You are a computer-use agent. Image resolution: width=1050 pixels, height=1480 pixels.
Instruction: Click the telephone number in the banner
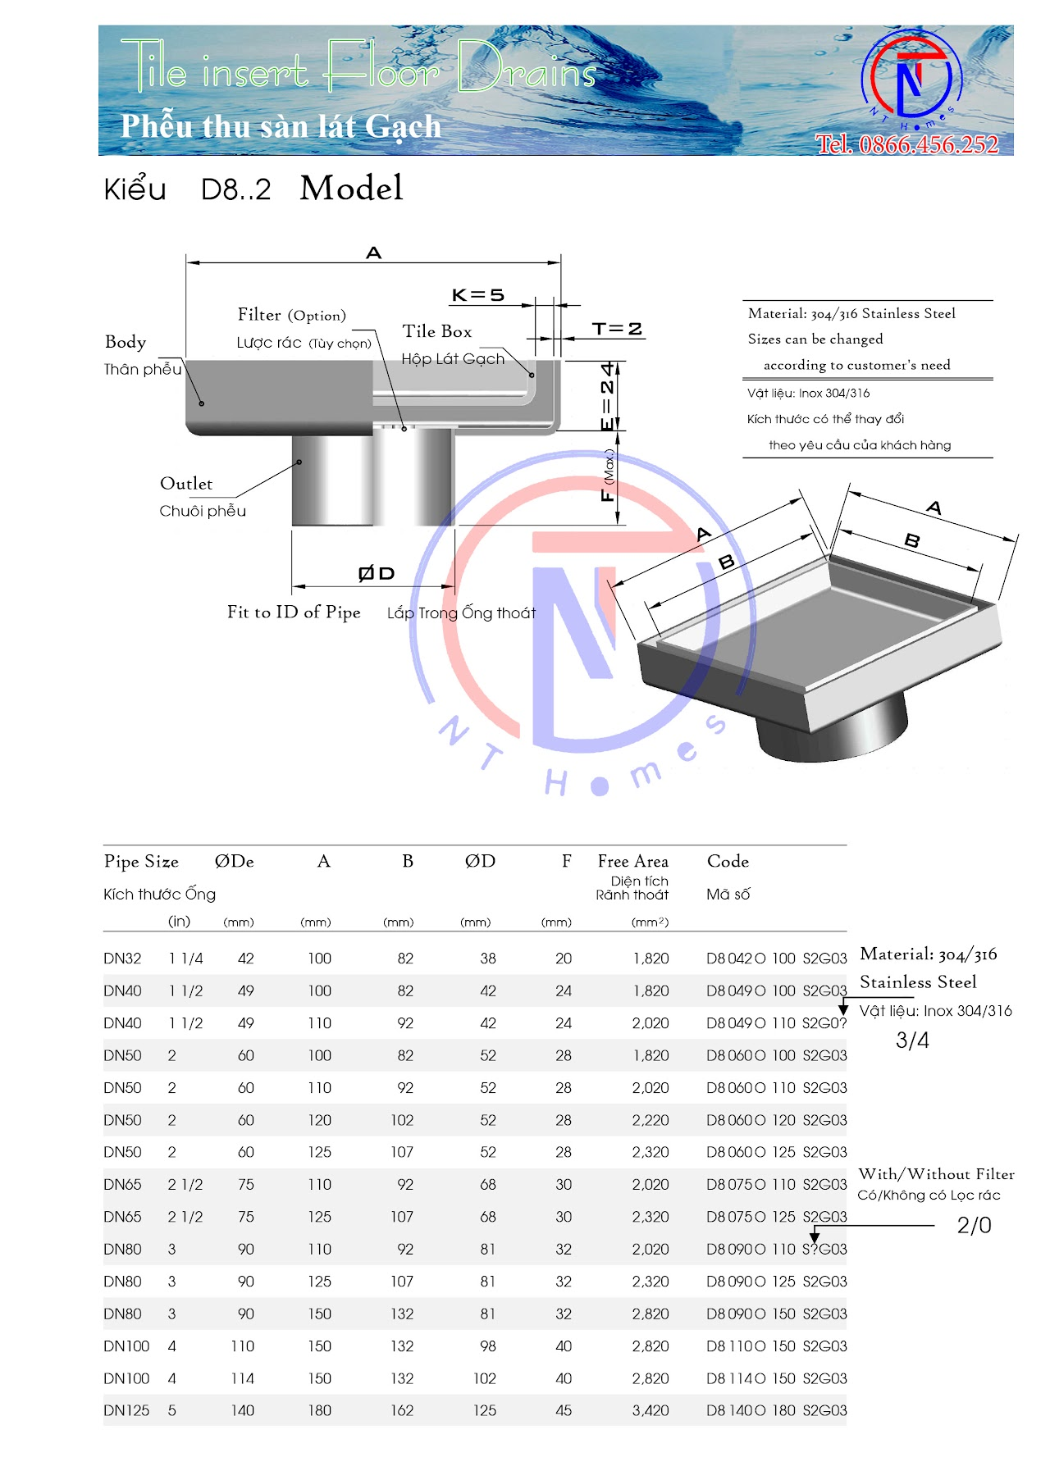click(x=906, y=144)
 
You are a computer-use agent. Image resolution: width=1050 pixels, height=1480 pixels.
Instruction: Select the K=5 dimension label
click(x=477, y=295)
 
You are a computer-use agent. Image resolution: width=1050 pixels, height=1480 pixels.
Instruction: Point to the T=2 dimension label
click(x=617, y=329)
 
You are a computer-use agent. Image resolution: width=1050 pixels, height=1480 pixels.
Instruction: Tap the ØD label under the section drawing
click(x=377, y=573)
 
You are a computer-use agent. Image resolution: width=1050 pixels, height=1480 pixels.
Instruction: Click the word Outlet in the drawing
click(x=186, y=484)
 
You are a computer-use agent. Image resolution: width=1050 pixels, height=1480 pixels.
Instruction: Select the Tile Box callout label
click(x=437, y=331)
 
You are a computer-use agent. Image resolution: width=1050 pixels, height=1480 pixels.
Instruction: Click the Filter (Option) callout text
click(x=291, y=315)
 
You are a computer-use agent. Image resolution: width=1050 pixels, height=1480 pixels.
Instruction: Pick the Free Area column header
click(x=632, y=861)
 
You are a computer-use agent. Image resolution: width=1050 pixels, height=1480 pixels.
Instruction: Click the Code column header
click(x=728, y=861)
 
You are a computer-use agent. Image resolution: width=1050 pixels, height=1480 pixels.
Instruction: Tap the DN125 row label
click(x=126, y=1410)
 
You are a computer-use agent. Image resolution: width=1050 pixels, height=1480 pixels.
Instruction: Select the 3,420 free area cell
click(x=651, y=1410)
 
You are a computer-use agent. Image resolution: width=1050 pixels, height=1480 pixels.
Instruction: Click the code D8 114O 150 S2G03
click(x=776, y=1378)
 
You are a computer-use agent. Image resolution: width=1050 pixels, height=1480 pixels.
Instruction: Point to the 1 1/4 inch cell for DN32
click(x=185, y=959)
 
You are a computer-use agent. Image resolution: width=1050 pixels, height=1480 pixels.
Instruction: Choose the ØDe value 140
click(x=242, y=1410)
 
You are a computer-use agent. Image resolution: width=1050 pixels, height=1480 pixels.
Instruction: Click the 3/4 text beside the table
click(x=912, y=1041)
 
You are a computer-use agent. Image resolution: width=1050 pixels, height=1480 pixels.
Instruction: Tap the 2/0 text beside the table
click(x=974, y=1225)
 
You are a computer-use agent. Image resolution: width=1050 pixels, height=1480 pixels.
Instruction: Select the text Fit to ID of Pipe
click(x=294, y=612)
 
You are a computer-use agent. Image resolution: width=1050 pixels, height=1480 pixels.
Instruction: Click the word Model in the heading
click(x=351, y=188)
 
